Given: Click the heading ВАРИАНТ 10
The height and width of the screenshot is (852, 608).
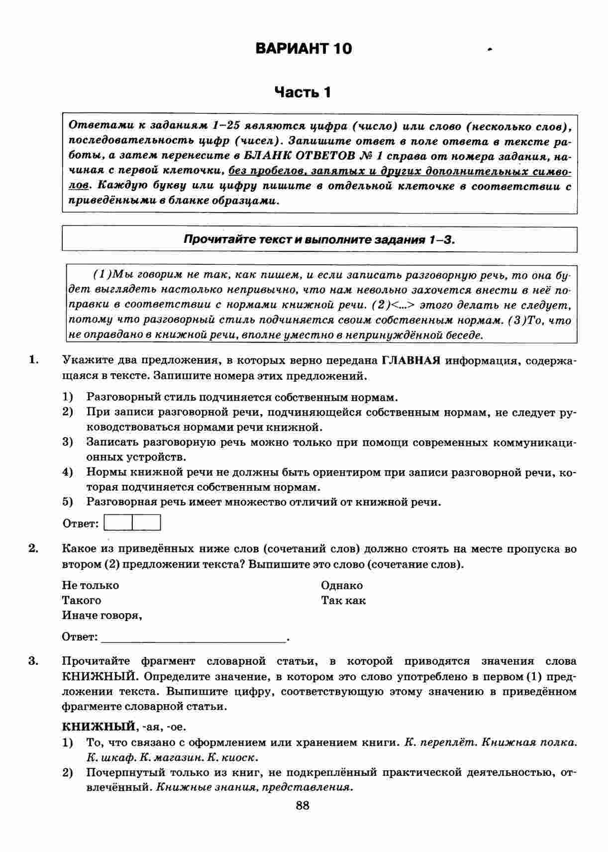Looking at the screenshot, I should tap(304, 49).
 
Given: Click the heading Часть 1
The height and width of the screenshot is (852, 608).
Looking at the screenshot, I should tap(303, 93).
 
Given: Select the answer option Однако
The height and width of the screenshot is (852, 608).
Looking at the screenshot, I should tap(342, 586).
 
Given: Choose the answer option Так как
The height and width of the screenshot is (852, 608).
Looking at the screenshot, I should tap(343, 601).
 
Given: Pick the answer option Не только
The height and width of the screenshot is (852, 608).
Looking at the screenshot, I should tap(91, 586).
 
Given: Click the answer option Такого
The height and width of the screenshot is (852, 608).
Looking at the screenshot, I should tap(82, 601).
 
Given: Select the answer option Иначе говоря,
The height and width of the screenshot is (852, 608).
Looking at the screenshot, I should tap(102, 616).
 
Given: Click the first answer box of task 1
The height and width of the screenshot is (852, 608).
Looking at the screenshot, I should tap(119, 523).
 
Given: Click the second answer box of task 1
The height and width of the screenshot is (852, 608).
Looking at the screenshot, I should tap(147, 523).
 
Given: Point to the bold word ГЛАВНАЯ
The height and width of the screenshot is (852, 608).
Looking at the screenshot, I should tap(411, 361).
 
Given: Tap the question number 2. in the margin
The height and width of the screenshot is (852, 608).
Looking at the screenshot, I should tap(34, 549).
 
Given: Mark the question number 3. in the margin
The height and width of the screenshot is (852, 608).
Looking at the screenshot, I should tap(34, 661).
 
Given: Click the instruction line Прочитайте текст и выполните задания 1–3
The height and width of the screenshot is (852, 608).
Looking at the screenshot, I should tap(319, 239).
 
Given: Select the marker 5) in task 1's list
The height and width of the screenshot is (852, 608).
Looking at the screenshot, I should tap(68, 502).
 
